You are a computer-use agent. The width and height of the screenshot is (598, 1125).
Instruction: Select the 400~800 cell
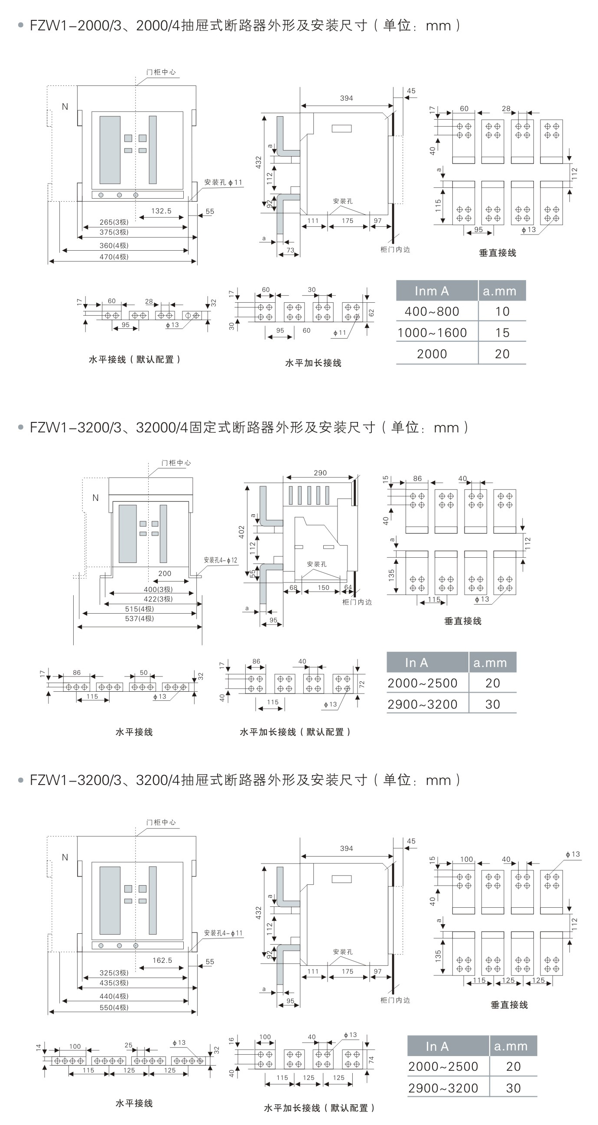(432, 311)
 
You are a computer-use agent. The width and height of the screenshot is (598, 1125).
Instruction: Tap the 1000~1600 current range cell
(432, 333)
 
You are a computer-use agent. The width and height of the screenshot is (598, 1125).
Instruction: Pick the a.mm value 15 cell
(502, 333)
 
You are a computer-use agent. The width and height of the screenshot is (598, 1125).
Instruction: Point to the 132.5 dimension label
(161, 211)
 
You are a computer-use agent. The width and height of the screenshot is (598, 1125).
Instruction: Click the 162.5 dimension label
(162, 960)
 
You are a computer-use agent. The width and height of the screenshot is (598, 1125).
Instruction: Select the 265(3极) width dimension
(114, 222)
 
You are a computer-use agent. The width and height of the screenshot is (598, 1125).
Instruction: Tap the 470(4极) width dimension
(114, 257)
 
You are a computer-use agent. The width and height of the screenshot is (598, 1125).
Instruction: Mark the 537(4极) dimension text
(139, 618)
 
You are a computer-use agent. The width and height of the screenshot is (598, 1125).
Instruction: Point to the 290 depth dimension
(320, 473)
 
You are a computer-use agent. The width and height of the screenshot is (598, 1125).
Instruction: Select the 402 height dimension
(241, 532)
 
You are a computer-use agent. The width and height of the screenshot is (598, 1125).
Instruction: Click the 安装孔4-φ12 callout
(221, 560)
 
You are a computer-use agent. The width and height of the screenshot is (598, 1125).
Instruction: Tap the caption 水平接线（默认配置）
(134, 360)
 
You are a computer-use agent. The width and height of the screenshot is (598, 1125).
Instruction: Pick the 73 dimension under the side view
(290, 250)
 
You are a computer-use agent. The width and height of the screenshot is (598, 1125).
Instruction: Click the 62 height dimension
(371, 313)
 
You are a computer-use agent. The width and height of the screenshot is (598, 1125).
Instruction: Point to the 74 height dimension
(371, 1060)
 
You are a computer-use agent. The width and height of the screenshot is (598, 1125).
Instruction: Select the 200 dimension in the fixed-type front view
(165, 573)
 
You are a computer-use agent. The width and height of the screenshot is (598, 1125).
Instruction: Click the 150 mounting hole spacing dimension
(323, 588)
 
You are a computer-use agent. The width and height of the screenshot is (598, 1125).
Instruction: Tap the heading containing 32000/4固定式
(249, 427)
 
